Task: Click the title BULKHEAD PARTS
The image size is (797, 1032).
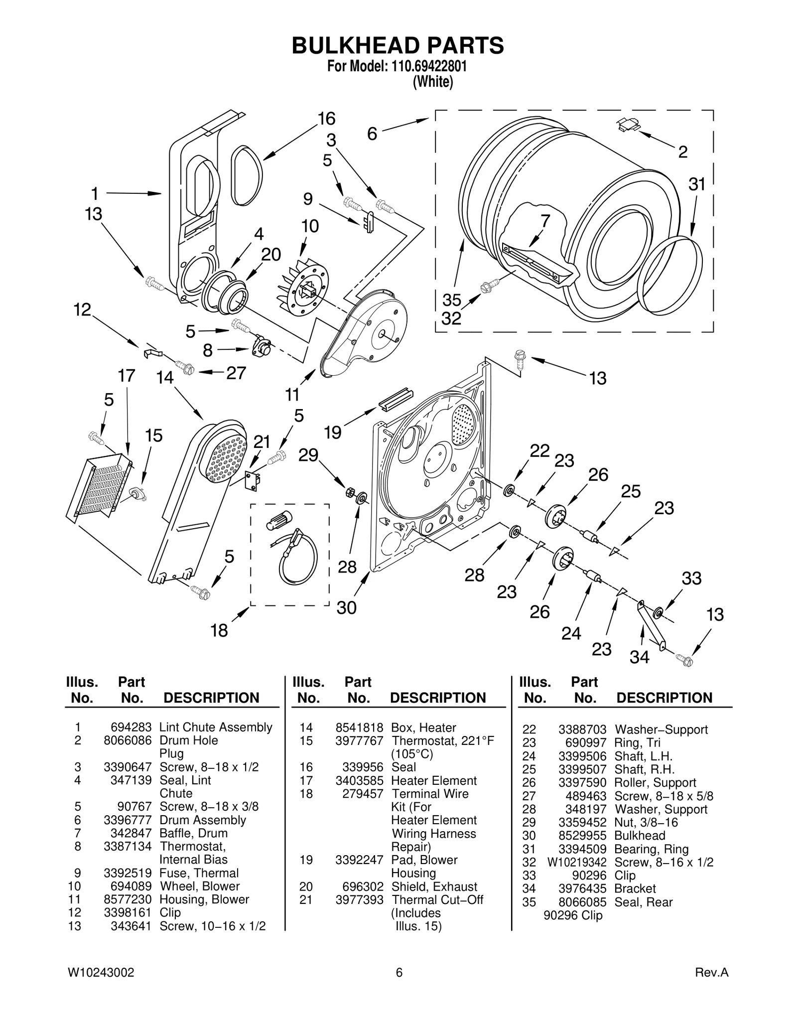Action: click(x=398, y=45)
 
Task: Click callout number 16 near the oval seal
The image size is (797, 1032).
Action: click(x=326, y=119)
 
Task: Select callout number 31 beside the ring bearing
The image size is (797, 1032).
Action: click(x=697, y=184)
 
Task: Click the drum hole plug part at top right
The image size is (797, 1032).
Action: click(x=629, y=125)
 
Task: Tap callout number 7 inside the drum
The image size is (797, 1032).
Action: click(x=545, y=221)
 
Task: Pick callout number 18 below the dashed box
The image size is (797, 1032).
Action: click(x=219, y=631)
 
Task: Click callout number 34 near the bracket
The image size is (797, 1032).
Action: click(x=639, y=657)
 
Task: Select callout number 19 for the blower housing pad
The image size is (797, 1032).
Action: click(x=332, y=432)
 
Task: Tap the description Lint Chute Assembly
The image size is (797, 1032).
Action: click(x=216, y=727)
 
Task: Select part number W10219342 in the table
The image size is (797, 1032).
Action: click(x=576, y=862)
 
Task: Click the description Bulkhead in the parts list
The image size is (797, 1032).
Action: click(x=639, y=836)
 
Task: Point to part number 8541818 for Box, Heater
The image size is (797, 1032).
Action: click(x=359, y=728)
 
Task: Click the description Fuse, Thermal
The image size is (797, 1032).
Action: click(x=199, y=873)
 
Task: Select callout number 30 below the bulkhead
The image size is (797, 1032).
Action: click(x=347, y=608)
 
